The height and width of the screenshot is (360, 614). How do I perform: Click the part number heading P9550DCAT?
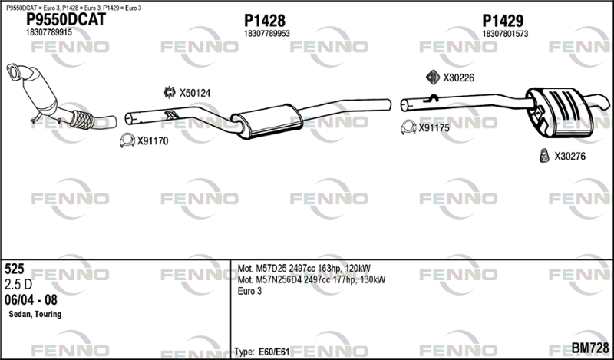point(65,20)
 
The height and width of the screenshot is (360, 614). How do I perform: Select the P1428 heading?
point(265,20)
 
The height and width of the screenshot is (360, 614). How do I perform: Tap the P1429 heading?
point(503,20)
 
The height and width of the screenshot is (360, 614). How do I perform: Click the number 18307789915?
point(49,33)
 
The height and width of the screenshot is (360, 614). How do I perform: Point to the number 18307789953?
point(267,33)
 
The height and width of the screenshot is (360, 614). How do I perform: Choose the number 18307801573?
point(505,33)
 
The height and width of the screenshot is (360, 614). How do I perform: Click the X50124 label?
point(195,93)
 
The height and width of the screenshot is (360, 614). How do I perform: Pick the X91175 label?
point(434,128)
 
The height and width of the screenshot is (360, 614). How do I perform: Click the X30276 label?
point(569,157)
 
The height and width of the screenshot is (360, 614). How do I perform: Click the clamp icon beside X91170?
point(126,140)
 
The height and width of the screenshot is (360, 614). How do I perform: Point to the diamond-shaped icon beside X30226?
point(432,77)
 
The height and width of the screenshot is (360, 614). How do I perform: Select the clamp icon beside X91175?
point(408,127)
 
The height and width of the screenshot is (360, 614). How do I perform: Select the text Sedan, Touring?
point(35,315)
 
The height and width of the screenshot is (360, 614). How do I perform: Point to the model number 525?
point(15,269)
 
